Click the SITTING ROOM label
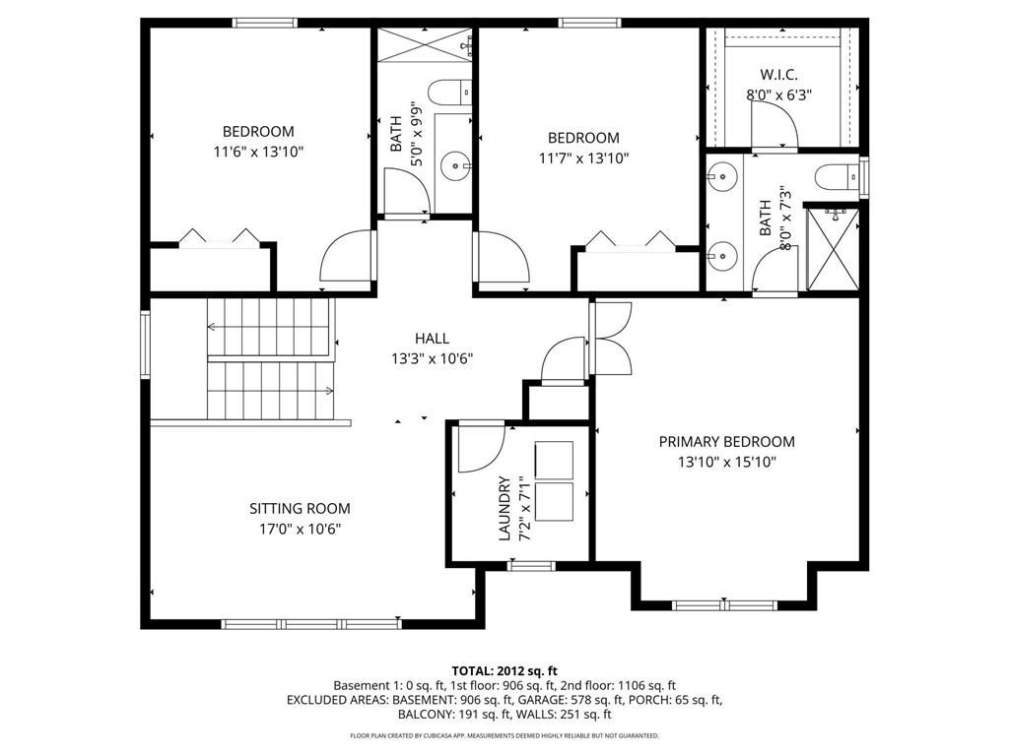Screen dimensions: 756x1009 pyautogui.click(x=299, y=509)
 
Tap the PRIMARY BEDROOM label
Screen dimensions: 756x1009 pyautogui.click(x=726, y=442)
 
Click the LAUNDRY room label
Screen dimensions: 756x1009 pyautogui.click(x=504, y=508)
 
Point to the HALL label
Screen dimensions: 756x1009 pyautogui.click(x=432, y=339)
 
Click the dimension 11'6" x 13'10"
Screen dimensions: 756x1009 pyautogui.click(x=257, y=153)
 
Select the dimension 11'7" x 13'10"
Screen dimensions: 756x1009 pyautogui.click(x=583, y=157)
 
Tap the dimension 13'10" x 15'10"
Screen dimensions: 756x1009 pyautogui.click(x=726, y=462)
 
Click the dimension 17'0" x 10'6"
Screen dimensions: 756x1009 pyautogui.click(x=299, y=529)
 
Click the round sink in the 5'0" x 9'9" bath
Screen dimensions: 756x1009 pyautogui.click(x=454, y=163)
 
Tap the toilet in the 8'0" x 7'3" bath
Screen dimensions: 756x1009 pyautogui.click(x=835, y=177)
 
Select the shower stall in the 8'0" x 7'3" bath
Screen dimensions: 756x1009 pyautogui.click(x=834, y=247)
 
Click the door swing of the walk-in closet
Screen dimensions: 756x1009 pyautogui.click(x=773, y=123)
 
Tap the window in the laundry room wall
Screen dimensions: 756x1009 pyautogui.click(x=531, y=565)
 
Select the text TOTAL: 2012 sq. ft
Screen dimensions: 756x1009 pyautogui.click(x=504, y=670)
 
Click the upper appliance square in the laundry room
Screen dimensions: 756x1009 pyautogui.click(x=554, y=459)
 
